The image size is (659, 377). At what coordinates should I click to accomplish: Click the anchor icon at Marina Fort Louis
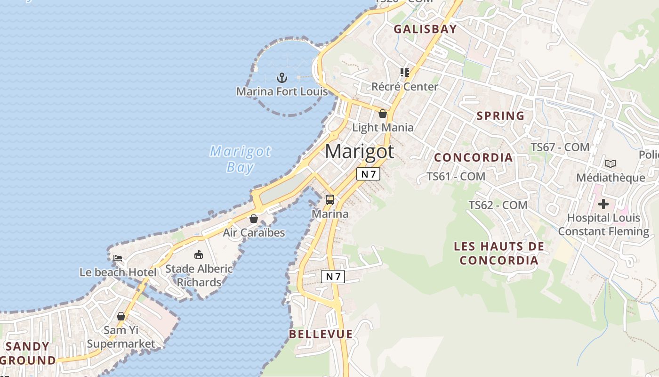pos(281,77)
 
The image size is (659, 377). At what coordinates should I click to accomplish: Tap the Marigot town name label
pos(359,151)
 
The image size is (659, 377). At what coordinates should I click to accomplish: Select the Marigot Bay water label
pos(240,159)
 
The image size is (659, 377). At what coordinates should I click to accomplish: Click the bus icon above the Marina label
pos(330,200)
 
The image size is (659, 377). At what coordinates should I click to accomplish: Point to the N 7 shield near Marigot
pos(368,174)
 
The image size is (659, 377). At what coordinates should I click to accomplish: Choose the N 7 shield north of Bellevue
pos(333,277)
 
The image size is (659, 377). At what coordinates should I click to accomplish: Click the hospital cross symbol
pos(603,205)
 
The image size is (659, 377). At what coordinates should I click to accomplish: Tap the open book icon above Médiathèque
pos(611,164)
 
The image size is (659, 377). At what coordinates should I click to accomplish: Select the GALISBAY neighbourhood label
pos(425,29)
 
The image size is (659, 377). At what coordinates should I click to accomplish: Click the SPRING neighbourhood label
pos(500,116)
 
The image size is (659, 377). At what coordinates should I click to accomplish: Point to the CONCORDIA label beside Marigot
pos(473,157)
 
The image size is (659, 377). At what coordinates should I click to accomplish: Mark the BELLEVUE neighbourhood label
pos(321,335)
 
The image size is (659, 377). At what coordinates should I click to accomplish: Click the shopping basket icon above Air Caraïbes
pos(254,219)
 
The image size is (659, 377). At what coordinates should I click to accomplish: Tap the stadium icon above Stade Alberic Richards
pos(199,255)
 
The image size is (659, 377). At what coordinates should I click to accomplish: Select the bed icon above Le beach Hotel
pos(118,258)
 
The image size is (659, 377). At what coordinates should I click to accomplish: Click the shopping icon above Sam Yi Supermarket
pos(121,316)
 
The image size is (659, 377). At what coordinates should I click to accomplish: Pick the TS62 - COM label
pos(498,205)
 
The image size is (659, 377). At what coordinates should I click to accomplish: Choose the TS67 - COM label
pos(560,148)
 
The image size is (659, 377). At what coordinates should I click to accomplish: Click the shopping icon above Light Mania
pos(383,114)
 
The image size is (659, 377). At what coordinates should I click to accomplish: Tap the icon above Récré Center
pos(404,73)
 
